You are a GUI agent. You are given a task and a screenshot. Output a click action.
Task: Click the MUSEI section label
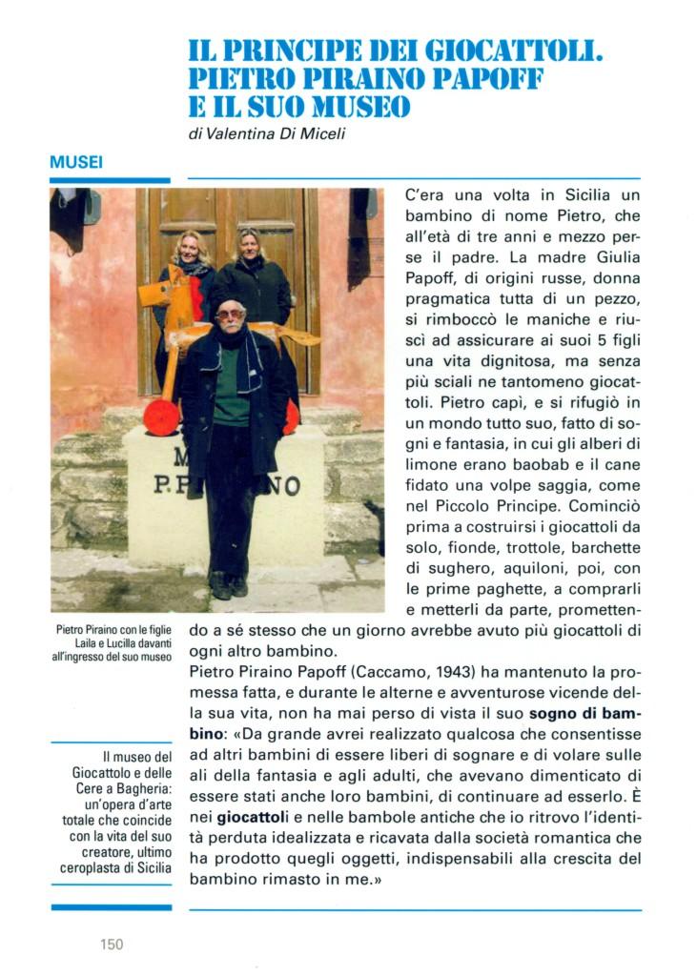point(76,163)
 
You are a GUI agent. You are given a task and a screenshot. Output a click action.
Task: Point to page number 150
point(112,945)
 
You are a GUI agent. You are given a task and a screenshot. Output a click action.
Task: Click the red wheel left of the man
point(161,417)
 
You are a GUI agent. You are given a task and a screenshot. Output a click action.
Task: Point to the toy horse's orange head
point(154,294)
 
